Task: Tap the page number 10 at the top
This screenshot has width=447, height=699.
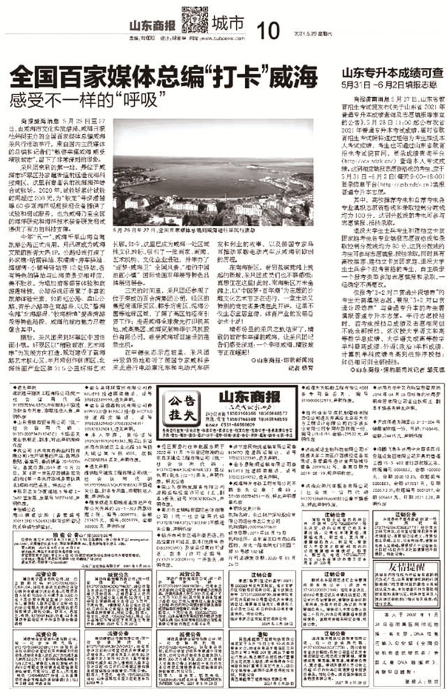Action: [267, 30]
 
